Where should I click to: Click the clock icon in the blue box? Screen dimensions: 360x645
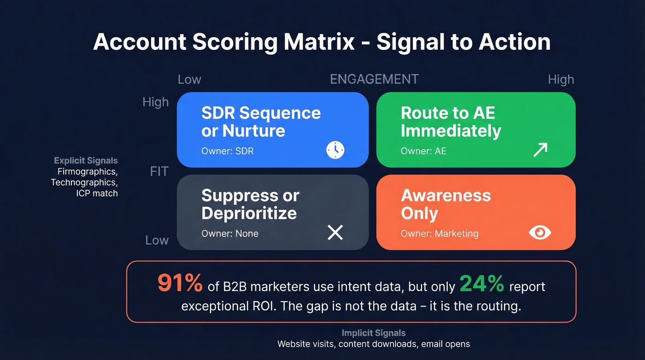pos(335,150)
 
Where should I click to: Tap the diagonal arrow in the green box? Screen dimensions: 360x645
pos(540,149)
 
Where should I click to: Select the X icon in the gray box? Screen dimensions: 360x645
pos(335,232)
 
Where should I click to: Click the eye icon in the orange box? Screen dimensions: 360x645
pos(539,233)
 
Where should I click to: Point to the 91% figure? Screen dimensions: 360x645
pos(180,283)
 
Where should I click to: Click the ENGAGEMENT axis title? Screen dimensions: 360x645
pos(374,79)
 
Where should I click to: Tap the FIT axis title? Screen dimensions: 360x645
pos(159,172)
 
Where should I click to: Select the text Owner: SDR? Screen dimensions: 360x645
pos(228,151)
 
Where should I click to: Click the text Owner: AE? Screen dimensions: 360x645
pos(423,151)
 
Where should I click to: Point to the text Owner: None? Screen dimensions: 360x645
pos(230,234)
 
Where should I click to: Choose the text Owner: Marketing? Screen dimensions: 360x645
pos(440,234)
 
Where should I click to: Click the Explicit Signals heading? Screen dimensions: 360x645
pos(86,161)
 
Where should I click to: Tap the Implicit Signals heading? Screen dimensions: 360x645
pos(374,333)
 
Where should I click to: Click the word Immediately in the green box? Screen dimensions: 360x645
pos(451,131)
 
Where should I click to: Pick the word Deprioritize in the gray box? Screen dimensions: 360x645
pos(249,213)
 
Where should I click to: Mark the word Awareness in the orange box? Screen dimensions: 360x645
pos(446,195)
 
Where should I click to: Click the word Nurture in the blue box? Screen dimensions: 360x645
pos(253,131)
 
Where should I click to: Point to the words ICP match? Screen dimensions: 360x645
pos(97,193)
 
